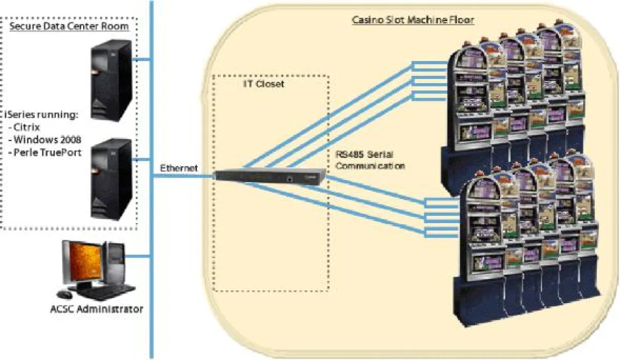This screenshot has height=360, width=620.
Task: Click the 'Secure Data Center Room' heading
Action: [x=70, y=26]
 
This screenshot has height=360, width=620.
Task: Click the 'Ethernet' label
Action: [x=178, y=168]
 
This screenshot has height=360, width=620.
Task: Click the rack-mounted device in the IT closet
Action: [x=271, y=176]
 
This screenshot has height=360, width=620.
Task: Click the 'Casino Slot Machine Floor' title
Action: [x=413, y=21]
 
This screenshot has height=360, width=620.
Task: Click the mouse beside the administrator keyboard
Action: [x=65, y=294]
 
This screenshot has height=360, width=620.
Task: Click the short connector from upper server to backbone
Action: [x=142, y=60]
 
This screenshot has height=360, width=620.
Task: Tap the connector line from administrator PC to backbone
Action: [x=138, y=255]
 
